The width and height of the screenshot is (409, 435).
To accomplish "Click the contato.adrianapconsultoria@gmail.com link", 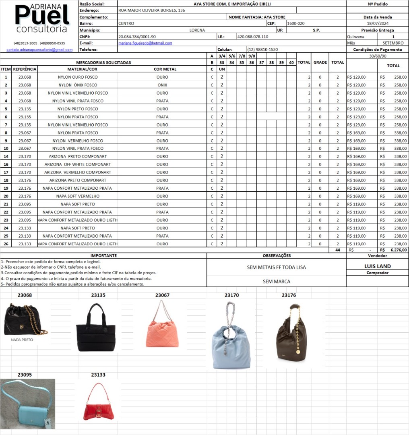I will point(39,50).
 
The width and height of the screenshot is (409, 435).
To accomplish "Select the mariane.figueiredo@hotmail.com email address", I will point(145,43).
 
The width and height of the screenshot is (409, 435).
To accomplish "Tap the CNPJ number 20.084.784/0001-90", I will point(137,37).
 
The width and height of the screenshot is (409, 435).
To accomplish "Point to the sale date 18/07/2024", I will point(377,24).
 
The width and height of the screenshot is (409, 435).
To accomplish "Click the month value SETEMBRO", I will point(393,43).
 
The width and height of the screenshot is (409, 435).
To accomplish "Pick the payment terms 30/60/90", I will point(377,56).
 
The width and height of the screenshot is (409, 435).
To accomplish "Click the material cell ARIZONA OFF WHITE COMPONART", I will point(78,164).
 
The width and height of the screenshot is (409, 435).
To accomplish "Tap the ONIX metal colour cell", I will point(162,85).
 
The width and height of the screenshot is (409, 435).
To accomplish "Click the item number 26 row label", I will point(6,244).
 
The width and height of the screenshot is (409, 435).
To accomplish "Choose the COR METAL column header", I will point(165,69).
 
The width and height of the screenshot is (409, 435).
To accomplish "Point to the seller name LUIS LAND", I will point(377,266).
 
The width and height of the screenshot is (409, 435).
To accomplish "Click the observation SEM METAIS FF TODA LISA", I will point(276,267).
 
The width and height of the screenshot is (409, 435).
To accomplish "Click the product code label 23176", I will point(289,295).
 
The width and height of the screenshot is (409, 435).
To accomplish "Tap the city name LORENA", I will point(197,30).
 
